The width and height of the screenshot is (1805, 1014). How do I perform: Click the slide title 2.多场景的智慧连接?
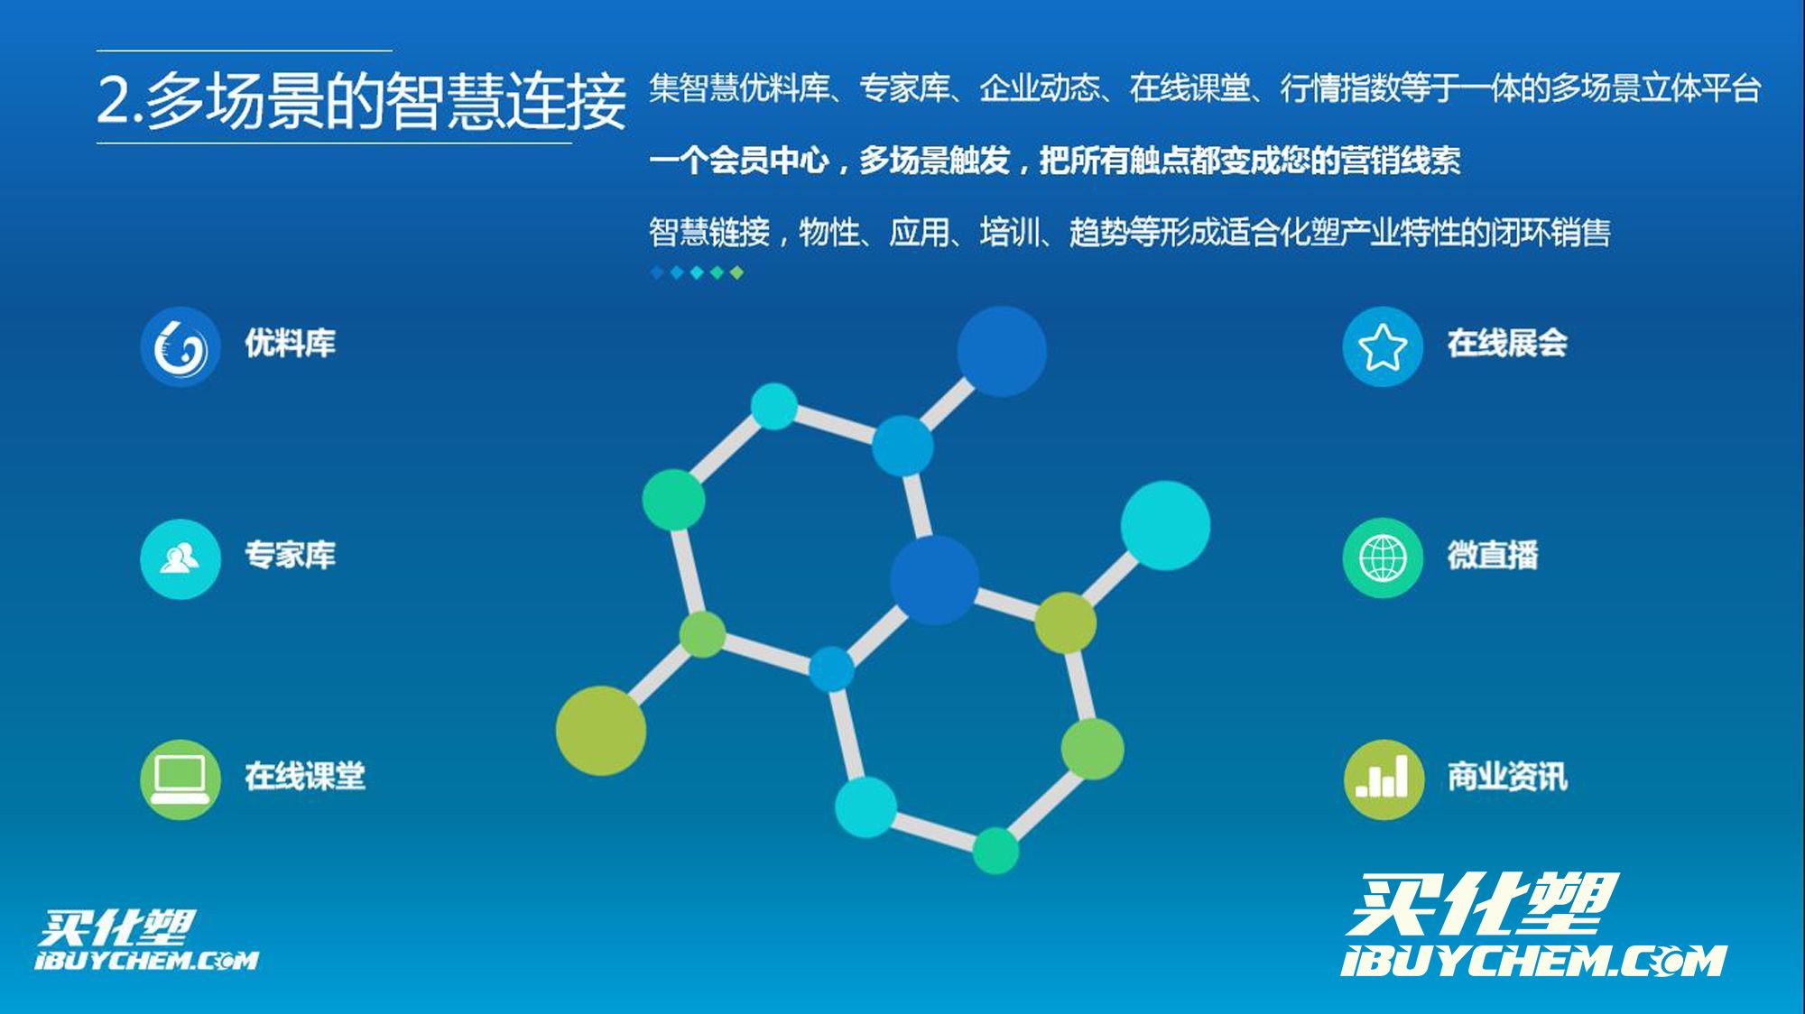[361, 99]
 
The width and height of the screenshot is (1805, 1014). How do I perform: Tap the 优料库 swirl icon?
[180, 347]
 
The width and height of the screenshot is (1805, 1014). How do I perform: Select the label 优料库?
[291, 343]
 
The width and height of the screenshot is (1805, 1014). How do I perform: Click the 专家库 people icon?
[180, 559]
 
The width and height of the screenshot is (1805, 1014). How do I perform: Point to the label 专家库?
[291, 555]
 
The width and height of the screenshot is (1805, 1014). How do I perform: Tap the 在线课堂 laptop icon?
[180, 779]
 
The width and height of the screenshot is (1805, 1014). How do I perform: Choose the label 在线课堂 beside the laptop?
[305, 776]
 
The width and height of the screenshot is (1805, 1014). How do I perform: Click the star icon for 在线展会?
[1383, 347]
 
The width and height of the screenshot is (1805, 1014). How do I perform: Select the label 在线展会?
[1507, 343]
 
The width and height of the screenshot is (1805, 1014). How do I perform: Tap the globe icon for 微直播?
[1383, 558]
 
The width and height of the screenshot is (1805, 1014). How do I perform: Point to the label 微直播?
[1493, 555]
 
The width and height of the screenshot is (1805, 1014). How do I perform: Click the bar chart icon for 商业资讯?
[1384, 779]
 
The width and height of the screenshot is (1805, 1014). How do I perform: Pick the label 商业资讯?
[1507, 776]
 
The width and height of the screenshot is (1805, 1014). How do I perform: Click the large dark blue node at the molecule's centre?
[934, 580]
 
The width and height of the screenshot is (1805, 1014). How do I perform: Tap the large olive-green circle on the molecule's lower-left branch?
[601, 731]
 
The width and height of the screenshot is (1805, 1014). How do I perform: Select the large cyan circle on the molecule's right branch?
[1165, 526]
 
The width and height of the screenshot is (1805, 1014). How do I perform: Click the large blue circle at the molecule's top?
[1002, 351]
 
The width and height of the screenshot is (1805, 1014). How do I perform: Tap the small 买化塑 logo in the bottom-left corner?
[147, 940]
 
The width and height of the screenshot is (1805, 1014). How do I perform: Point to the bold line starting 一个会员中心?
[1054, 161]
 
